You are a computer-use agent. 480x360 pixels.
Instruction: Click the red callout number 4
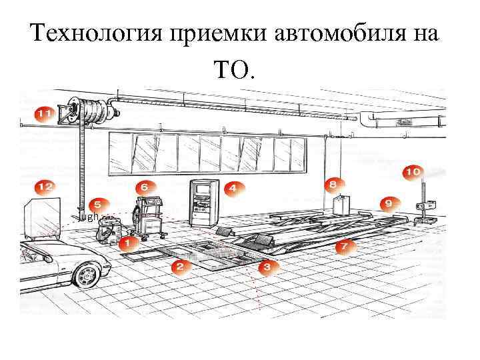point(231,188)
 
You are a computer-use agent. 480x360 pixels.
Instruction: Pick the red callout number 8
point(333,182)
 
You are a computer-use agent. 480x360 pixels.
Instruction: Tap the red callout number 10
point(412,172)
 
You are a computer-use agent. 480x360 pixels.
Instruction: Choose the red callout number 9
point(388,201)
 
